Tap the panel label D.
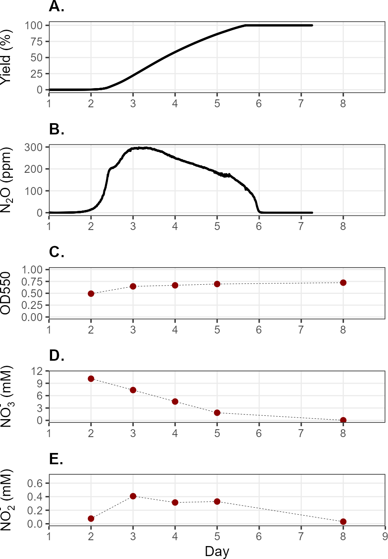[x=57, y=355]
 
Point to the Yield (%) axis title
[x=5, y=58]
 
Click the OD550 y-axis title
[x=5, y=293]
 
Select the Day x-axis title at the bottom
[x=217, y=551]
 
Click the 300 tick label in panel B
[x=33, y=147]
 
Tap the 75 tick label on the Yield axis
[x=37, y=41]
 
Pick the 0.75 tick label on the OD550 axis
[x=32, y=281]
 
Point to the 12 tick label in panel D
[x=37, y=371]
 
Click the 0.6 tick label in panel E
[x=35, y=483]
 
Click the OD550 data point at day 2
[x=91, y=293]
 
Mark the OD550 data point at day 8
[x=343, y=283]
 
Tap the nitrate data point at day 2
[x=91, y=379]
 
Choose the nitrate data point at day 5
[x=217, y=413]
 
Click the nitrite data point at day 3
[x=133, y=496]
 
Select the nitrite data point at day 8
[x=343, y=521]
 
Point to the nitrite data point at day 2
[x=91, y=519]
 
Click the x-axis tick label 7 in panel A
[x=301, y=103]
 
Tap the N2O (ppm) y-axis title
[x=6, y=180]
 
